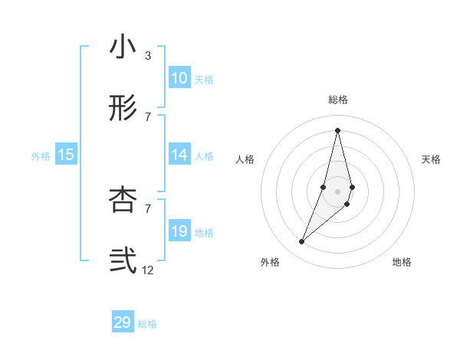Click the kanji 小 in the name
point(123,48)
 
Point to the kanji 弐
point(123,261)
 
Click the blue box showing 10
point(179,78)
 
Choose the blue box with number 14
point(179,155)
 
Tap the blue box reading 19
point(179,231)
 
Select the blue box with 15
point(66,155)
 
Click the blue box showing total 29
point(123,322)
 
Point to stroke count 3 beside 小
point(148,56)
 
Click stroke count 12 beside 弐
point(148,270)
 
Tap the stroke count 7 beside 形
point(148,116)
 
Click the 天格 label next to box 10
point(204,79)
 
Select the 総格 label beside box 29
point(147,324)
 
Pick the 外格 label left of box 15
point(41,155)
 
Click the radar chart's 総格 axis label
point(338,100)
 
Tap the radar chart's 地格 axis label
point(402,263)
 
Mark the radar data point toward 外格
point(302,242)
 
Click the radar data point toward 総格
point(337,129)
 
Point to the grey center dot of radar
point(337,191)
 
